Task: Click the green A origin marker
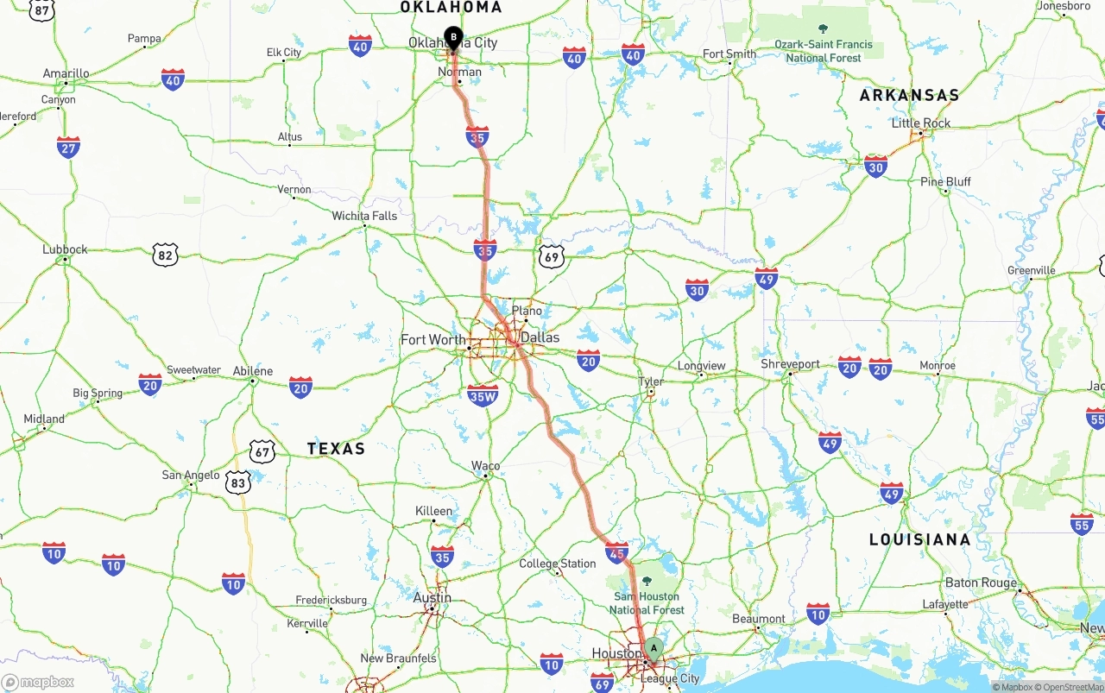click(654, 648)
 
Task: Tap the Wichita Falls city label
click(364, 216)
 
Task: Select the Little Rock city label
click(921, 123)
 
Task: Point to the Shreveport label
click(790, 364)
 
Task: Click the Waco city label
click(485, 466)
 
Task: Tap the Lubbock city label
click(65, 249)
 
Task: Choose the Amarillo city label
click(66, 74)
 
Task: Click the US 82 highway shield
click(165, 255)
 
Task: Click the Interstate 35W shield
click(483, 395)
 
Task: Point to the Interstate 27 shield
click(69, 147)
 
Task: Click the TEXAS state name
click(336, 449)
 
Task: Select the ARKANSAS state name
click(909, 96)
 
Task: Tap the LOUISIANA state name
click(919, 540)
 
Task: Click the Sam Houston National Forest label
click(647, 602)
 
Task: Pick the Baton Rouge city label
click(981, 583)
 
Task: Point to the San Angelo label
click(191, 476)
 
